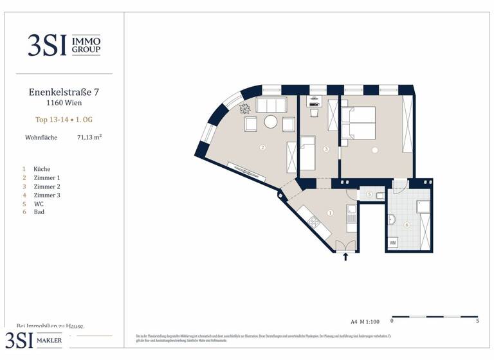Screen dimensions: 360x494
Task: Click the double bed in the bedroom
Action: click(359, 122)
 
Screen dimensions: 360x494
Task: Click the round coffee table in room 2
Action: click(271, 122)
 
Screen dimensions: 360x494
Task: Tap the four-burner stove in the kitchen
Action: click(314, 222)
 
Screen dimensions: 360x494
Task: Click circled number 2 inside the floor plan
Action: click(262, 147)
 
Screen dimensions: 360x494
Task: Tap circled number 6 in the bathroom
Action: click(407, 225)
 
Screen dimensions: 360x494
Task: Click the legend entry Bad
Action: click(39, 212)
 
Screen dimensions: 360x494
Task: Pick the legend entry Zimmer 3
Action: click(47, 195)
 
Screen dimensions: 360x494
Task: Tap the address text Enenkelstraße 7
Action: click(64, 92)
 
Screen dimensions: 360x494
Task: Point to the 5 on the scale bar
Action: click(477, 320)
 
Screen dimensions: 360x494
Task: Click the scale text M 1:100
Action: click(369, 320)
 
